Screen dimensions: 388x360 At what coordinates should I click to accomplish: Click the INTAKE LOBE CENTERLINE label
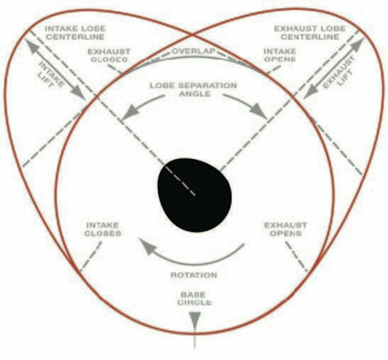click(x=75, y=33)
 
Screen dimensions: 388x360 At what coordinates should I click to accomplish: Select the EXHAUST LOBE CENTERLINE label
click(x=310, y=33)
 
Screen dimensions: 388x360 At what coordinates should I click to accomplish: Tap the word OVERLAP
click(x=193, y=51)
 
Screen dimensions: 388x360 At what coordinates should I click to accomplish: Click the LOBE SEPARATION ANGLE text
click(x=193, y=90)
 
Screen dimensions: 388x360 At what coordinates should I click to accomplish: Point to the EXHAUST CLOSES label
click(x=109, y=56)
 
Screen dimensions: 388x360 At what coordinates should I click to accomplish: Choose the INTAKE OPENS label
click(x=280, y=55)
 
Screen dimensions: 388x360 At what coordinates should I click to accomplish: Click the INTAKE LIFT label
click(x=51, y=74)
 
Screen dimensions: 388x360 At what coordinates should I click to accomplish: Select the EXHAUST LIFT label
click(x=338, y=73)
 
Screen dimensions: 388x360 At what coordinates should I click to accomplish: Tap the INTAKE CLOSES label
click(x=103, y=229)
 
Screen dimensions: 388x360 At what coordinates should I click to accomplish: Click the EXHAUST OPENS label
click(x=286, y=229)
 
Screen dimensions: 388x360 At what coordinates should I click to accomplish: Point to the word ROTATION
click(x=194, y=275)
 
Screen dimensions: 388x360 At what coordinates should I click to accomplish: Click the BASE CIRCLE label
click(x=194, y=299)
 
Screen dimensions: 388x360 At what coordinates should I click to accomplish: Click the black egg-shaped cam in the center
click(x=195, y=195)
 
